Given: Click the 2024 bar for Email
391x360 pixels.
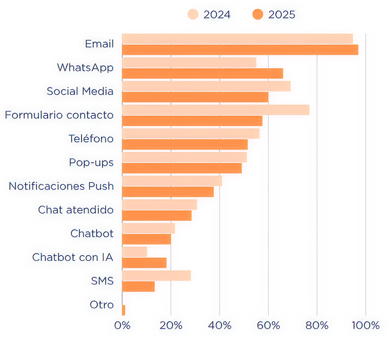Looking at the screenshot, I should [237, 39].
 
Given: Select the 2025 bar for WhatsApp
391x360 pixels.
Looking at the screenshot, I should [202, 74].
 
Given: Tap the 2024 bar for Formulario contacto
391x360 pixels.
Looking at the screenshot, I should [215, 110].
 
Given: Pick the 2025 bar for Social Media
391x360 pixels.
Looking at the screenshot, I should [195, 97].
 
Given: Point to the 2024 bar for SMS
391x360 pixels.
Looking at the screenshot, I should [156, 275].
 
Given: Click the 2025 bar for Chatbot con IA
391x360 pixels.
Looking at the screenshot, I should [144, 263].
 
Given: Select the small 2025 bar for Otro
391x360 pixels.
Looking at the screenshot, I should [124, 310].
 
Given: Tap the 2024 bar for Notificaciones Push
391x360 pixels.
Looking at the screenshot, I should [172, 181].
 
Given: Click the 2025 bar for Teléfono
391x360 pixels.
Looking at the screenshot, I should [184, 145].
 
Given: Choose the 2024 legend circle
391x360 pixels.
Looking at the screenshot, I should [193, 14].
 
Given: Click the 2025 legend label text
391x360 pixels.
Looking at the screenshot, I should [282, 14].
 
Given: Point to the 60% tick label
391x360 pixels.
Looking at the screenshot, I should [268, 326].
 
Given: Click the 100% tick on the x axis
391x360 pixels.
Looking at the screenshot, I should [366, 326].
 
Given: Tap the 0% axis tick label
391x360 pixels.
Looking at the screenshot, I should [122, 326].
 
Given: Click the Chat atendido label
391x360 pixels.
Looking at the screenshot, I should [76, 210].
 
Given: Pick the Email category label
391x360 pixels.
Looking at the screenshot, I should [99, 44].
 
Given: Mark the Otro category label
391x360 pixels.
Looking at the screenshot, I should [101, 305].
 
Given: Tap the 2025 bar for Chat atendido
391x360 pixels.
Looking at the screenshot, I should [157, 215].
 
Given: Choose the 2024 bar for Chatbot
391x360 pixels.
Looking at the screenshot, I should [148, 228].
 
